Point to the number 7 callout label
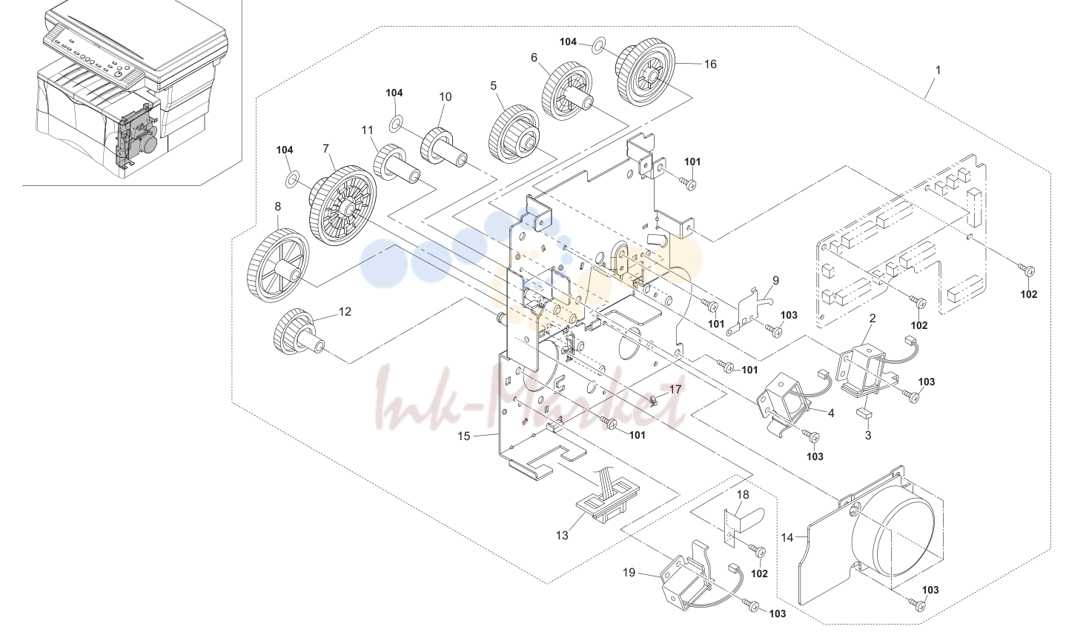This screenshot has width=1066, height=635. (325, 149)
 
